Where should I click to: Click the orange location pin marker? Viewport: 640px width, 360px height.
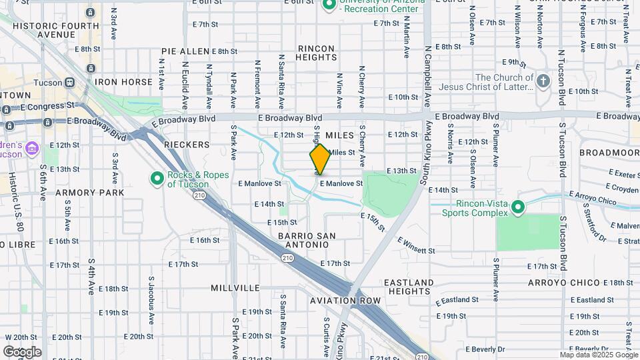point(320,159)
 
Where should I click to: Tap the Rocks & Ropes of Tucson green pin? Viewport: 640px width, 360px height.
point(157,178)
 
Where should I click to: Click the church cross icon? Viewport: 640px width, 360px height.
point(543,81)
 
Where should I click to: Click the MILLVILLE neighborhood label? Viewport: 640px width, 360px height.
point(235,288)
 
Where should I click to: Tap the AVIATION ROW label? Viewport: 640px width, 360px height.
point(345,301)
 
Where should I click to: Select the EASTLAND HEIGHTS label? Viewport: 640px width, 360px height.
point(407,287)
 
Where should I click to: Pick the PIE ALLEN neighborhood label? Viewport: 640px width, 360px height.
point(185,51)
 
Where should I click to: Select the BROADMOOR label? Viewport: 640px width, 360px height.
point(608,153)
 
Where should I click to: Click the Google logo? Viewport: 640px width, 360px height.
point(22,351)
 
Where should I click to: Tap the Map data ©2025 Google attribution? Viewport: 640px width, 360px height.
point(598,355)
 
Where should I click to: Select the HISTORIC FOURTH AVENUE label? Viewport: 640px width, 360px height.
point(57,29)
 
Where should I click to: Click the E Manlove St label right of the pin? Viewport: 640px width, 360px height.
point(341,183)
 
